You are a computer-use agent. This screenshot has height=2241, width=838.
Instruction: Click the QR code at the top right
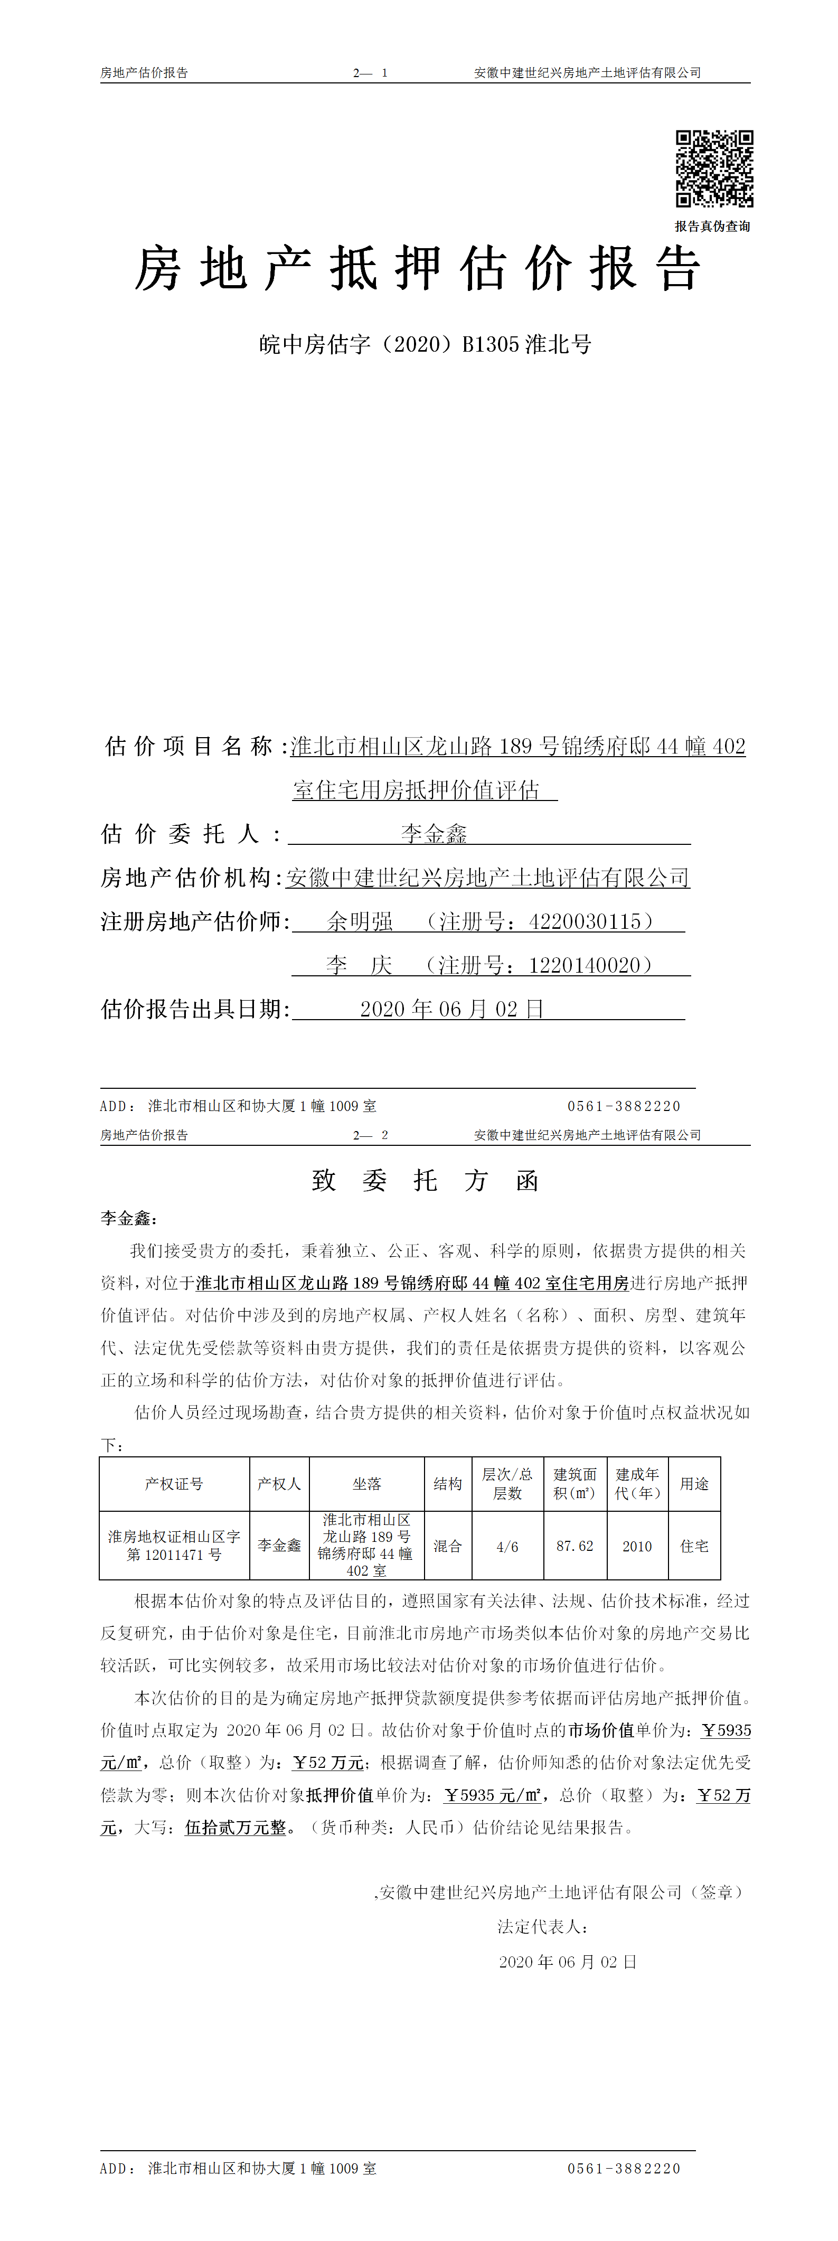[714, 169]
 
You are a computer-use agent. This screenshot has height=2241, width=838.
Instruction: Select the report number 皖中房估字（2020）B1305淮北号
[425, 344]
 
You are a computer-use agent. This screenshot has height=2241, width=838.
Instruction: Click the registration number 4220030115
[585, 921]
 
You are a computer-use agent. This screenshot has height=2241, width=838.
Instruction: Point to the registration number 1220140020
[585, 965]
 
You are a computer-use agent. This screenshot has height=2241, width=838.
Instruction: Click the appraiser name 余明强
[360, 921]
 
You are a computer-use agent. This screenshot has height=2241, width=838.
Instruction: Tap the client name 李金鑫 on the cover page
[434, 833]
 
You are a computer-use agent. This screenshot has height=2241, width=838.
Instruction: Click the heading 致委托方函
[425, 1181]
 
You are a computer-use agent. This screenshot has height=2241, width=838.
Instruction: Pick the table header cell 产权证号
[174, 1483]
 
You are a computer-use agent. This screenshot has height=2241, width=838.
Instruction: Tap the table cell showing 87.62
[575, 1546]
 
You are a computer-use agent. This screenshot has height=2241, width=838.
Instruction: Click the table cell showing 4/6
[507, 1546]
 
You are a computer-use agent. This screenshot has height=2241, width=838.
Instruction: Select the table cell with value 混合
[447, 1546]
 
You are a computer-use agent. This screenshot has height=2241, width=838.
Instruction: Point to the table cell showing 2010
[637, 1546]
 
